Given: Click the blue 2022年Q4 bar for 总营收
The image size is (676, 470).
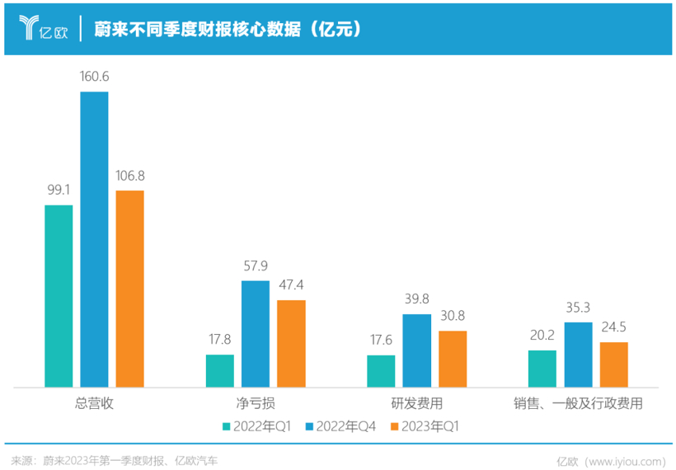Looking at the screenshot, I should coord(94,239).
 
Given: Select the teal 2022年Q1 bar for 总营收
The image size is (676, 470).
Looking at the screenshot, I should coord(59,295).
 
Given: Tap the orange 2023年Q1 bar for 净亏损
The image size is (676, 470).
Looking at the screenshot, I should coord(291,343).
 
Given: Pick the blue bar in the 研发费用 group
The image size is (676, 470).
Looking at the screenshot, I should coord(417,350).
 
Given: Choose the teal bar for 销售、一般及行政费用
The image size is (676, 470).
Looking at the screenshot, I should coord(542,368).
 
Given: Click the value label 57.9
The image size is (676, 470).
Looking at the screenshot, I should coord(256,266).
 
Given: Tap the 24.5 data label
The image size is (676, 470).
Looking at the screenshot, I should coord(613,327).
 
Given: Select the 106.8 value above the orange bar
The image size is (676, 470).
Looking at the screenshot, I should coord(129,176).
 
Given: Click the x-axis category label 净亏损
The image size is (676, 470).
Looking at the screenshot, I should coord(255,404).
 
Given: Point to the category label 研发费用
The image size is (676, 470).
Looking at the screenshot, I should coord(416,404).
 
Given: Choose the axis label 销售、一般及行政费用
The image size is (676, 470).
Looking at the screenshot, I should coord(577,404).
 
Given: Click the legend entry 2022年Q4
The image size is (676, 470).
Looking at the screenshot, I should coord(344,426).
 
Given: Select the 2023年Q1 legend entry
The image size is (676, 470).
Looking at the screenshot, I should coord(430,426).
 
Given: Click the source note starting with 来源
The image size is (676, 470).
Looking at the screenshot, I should coord(115,459).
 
